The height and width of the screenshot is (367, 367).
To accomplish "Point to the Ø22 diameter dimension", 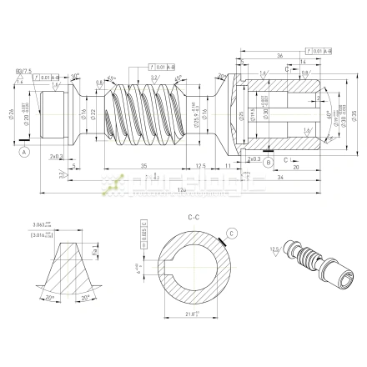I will [94, 114].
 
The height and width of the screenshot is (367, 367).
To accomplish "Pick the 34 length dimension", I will [289, 178].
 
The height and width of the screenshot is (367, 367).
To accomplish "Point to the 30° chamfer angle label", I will [74, 75].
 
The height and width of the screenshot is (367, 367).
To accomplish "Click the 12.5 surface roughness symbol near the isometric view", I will [274, 249].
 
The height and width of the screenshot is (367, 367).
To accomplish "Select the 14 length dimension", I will [303, 63].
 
